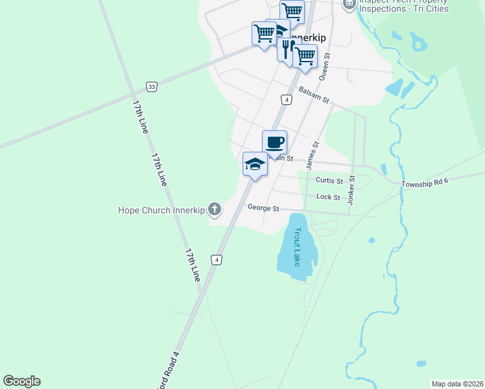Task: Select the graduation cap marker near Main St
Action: point(255,164)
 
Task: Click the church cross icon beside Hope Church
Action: point(215,209)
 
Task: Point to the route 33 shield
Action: point(151,86)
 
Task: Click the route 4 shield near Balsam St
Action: point(286,99)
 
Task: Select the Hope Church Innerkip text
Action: point(161,210)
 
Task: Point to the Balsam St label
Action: point(314,96)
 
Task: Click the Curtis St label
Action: point(329,180)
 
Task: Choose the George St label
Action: point(263,208)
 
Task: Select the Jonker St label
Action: point(351,190)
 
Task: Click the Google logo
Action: point(21,381)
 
